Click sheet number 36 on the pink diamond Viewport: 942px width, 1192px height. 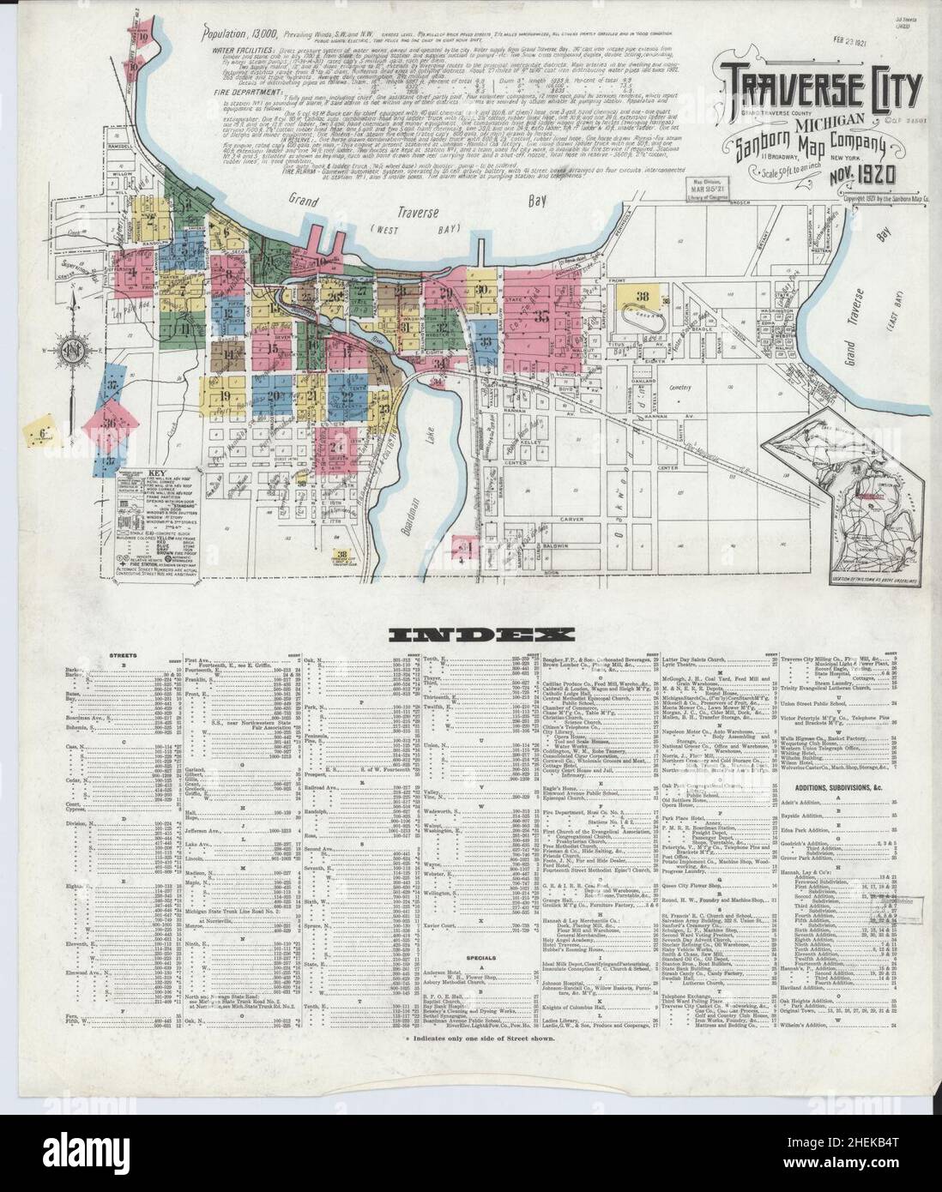[x=110, y=424]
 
